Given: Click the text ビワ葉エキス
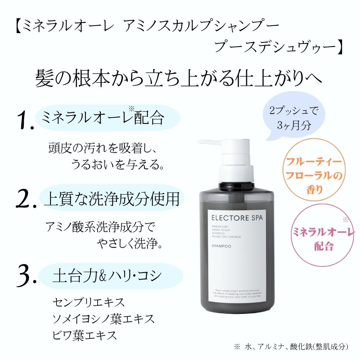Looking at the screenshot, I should pos(85,335).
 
